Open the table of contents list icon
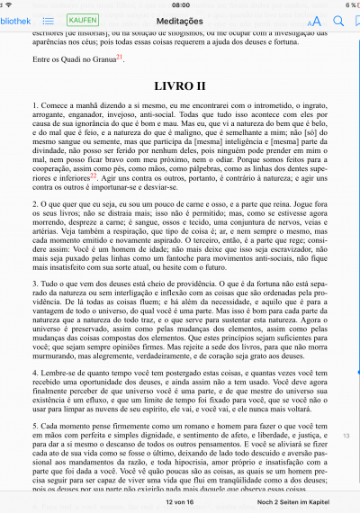pyautogui.click(x=48, y=19)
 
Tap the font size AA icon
pyautogui.click(x=313, y=20)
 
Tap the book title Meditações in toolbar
pyautogui.click(x=179, y=19)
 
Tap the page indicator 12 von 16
pyautogui.click(x=179, y=501)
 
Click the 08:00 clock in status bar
pyautogui.click(x=179, y=4)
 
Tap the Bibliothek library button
pyautogui.click(x=13, y=19)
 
